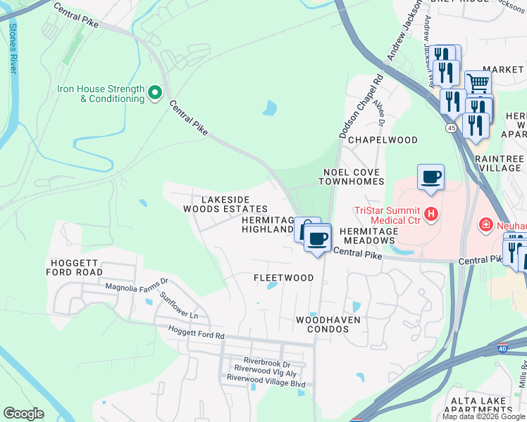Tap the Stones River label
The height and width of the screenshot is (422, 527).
coord(13,48)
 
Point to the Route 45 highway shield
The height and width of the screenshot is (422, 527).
coord(450,127)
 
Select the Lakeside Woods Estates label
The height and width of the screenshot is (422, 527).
coord(225,204)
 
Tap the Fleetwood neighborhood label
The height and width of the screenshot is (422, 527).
coord(283,278)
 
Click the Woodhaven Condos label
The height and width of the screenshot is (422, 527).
coord(328,325)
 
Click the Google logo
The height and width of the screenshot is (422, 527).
coord(23,414)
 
